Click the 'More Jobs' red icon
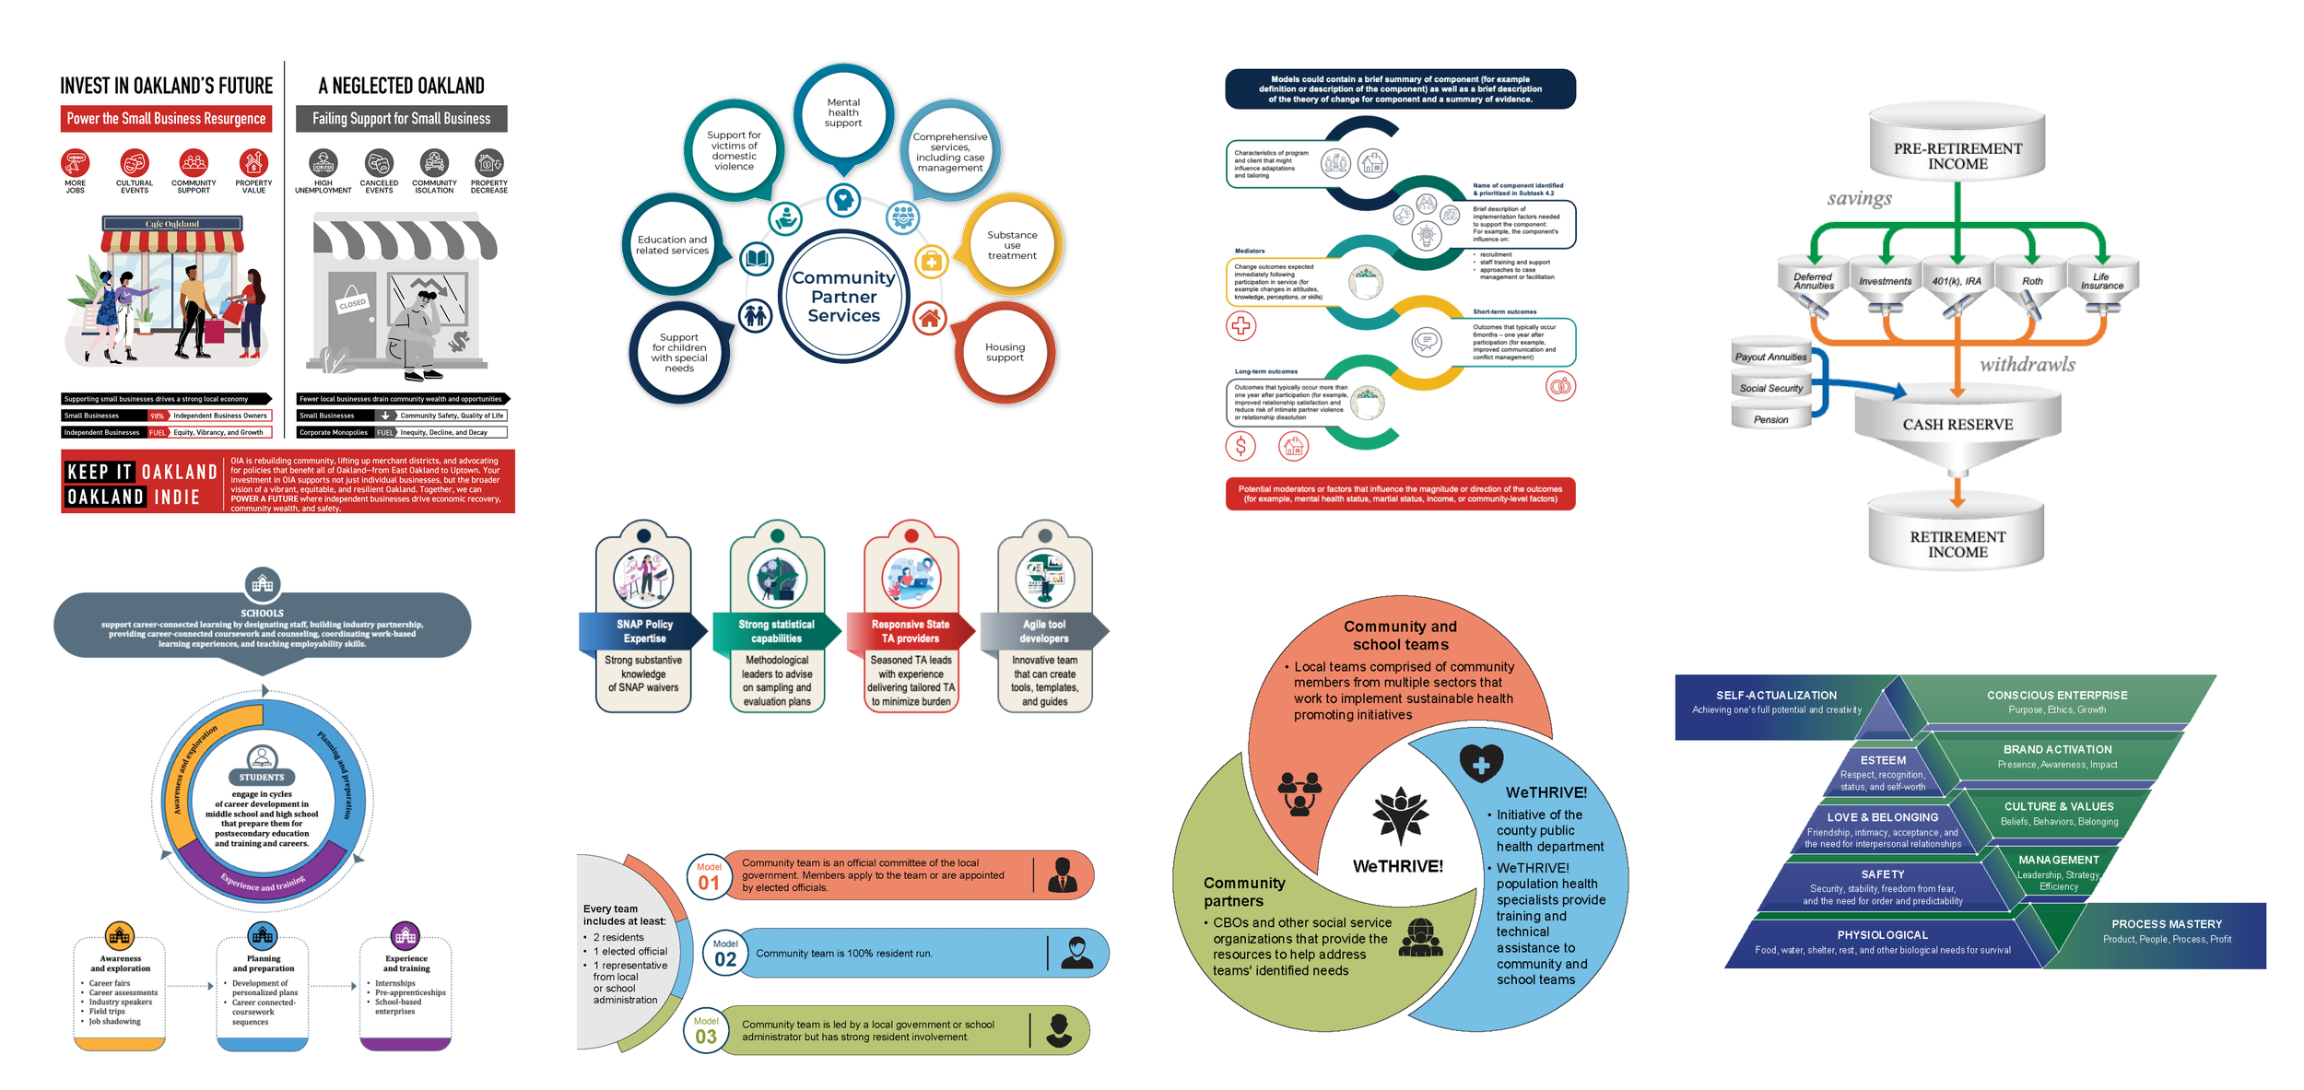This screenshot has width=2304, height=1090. [75, 163]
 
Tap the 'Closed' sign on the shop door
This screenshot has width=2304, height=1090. [352, 304]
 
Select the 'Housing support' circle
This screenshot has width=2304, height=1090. [1005, 352]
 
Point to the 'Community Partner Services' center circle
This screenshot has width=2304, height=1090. [843, 296]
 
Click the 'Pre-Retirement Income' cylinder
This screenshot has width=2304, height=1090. [1957, 155]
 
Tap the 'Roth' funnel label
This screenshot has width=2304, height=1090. [2032, 281]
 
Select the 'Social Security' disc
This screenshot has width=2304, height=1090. [1770, 388]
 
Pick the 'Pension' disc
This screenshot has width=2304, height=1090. [1770, 419]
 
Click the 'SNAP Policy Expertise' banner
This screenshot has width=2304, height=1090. [644, 631]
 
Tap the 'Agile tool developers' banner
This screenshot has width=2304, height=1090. [1044, 631]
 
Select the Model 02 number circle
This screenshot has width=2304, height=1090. [725, 955]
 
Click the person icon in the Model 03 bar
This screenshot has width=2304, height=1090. [1059, 1030]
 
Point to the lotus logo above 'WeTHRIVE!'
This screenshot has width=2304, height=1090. [1400, 815]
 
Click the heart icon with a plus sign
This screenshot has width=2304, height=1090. [1481, 764]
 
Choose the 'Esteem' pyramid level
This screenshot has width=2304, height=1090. [1883, 772]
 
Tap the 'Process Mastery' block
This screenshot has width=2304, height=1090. [2167, 932]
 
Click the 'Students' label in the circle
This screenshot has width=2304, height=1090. [262, 777]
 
